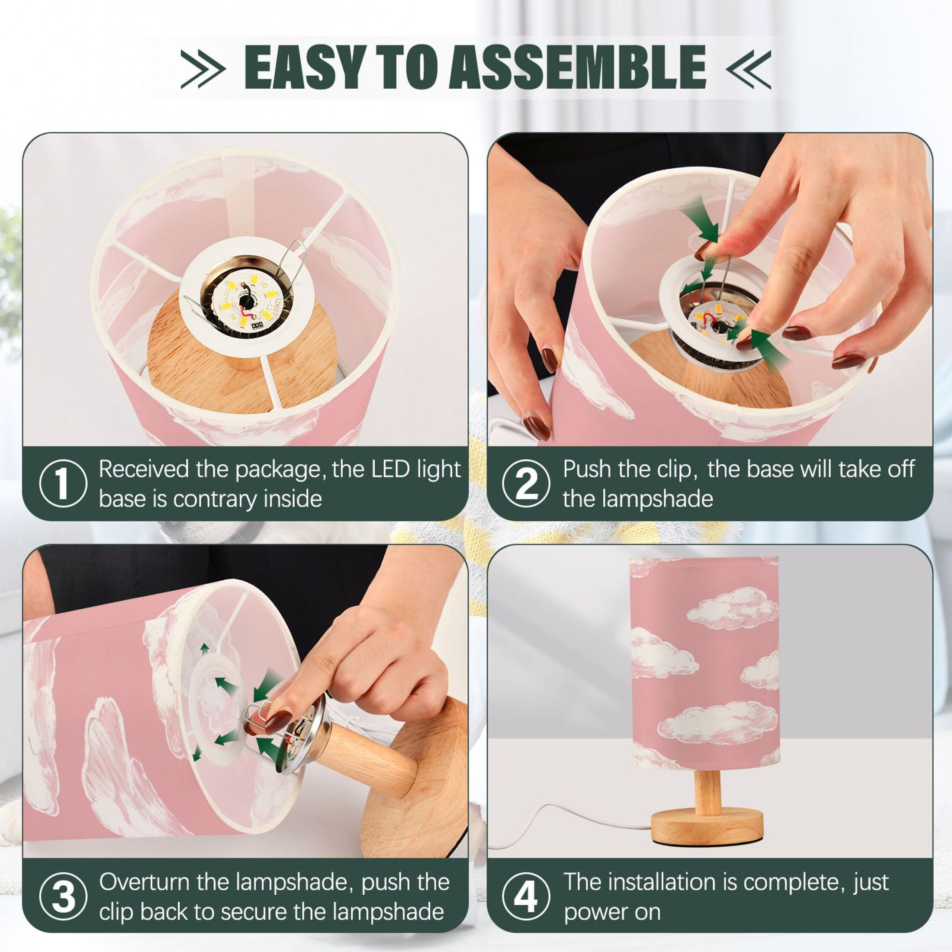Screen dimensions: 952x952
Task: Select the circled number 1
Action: coord(63,483)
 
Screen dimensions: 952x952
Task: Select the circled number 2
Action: coord(526,483)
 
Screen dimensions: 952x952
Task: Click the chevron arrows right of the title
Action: coord(749,68)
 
